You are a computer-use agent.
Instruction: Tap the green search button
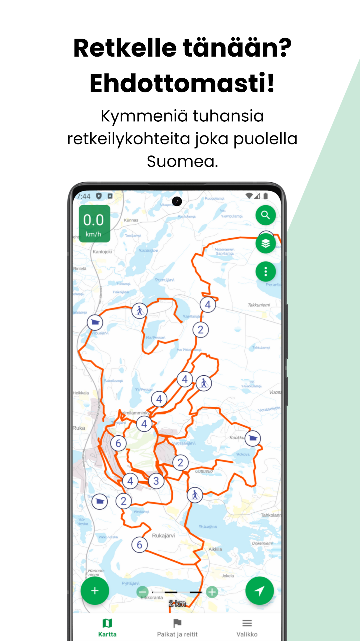pos(265,215)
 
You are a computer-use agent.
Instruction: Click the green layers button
pos(265,243)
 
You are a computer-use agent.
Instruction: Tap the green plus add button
pos(95,591)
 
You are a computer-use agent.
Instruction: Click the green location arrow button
pos(259,591)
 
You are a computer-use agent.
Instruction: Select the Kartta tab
pos(107,627)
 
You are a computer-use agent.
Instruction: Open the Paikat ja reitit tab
pos(177,627)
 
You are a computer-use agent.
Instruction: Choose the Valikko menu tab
pos(247,627)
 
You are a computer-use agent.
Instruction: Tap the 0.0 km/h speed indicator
pos(94,224)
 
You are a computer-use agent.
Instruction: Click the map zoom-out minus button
pos(142,592)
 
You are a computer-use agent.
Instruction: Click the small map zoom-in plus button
pos(212,592)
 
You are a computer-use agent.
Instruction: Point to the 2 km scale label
pos(177,603)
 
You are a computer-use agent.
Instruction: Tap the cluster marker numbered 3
pos(156,481)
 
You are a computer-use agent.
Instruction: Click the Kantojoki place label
pos(102,252)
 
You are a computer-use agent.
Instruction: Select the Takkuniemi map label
pos(259,305)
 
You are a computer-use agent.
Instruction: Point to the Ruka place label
pos(79,428)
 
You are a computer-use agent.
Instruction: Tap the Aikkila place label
pos(215,549)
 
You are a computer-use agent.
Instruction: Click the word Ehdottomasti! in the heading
pos(182,83)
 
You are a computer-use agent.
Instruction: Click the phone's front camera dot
pos(177,201)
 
